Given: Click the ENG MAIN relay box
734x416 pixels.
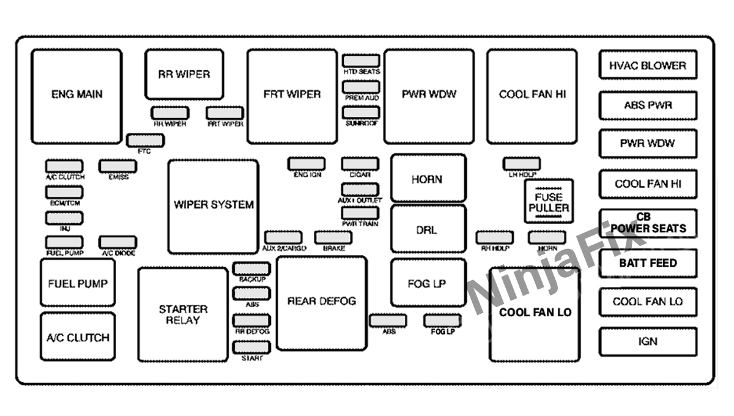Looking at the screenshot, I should click(x=76, y=96).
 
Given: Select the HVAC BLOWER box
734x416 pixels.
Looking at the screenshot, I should click(x=648, y=65).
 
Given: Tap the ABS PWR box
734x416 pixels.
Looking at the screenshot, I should click(x=648, y=105).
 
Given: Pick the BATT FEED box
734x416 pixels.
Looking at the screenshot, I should click(x=648, y=263).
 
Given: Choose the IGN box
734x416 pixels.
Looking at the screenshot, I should click(x=648, y=341).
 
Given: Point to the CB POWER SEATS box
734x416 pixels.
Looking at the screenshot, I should click(x=648, y=223).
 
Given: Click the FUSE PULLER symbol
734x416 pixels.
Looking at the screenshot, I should click(x=549, y=201).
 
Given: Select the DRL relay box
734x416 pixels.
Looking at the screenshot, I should click(x=428, y=229).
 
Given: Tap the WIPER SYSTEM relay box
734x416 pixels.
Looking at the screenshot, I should click(x=213, y=206).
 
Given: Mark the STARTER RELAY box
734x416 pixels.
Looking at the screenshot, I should click(x=183, y=314).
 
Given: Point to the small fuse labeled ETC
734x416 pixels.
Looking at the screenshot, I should click(x=145, y=141).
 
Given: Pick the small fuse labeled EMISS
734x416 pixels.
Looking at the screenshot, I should click(x=118, y=166).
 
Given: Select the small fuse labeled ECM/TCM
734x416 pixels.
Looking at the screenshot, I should click(x=64, y=191).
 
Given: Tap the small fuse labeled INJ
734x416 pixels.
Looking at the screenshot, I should click(x=64, y=218).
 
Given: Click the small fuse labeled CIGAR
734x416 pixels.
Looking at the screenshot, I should click(x=360, y=164).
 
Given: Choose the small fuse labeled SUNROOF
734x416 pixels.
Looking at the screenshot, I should click(x=361, y=113).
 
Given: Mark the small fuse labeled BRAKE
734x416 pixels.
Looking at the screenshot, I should click(x=333, y=237).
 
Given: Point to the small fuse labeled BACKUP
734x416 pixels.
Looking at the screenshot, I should click(x=251, y=269).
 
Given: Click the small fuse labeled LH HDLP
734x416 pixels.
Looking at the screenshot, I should click(x=521, y=163).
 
